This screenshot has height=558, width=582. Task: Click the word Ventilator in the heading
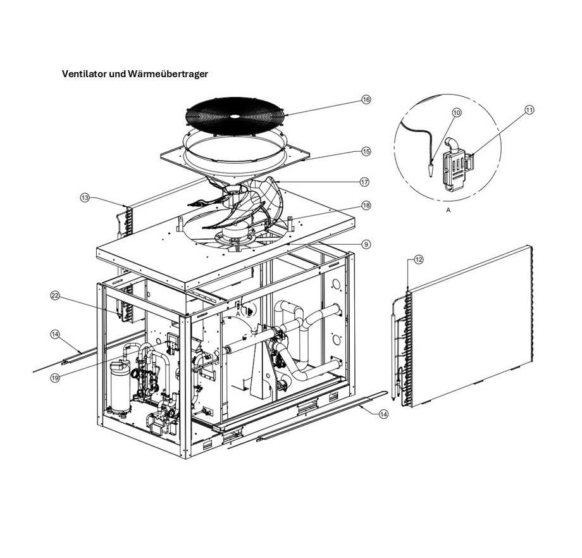click(x=84, y=73)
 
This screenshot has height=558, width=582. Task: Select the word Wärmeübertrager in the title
click(x=168, y=73)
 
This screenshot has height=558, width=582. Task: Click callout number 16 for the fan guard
click(x=366, y=99)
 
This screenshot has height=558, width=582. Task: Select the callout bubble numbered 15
click(x=366, y=151)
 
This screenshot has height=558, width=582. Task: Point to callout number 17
click(x=364, y=182)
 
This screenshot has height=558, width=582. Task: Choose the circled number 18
click(x=366, y=206)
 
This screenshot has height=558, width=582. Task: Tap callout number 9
click(x=366, y=244)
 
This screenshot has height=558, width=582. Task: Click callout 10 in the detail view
click(x=457, y=111)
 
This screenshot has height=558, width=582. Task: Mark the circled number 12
click(x=418, y=259)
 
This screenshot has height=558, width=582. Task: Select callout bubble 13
click(x=85, y=197)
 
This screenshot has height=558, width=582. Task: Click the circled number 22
click(x=55, y=295)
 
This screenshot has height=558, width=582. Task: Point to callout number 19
click(x=55, y=378)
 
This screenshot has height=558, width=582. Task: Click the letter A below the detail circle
click(x=448, y=211)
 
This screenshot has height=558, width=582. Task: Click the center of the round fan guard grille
click(x=234, y=116)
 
